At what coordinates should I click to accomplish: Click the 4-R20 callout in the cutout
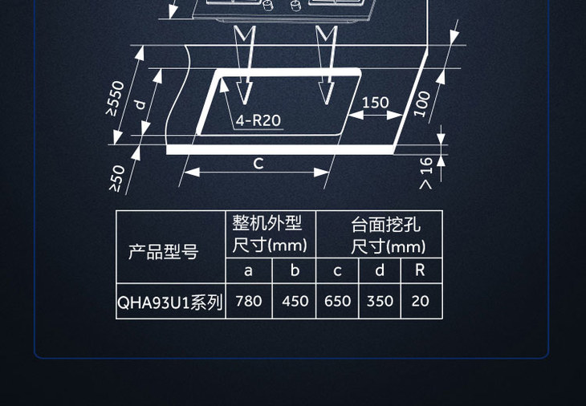(258, 120)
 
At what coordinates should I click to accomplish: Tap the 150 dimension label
(375, 103)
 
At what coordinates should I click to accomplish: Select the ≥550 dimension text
(117, 99)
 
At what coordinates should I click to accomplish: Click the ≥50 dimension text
(117, 178)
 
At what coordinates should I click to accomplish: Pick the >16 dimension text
(425, 173)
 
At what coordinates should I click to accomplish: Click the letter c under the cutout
(258, 163)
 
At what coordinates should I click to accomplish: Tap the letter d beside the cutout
(140, 104)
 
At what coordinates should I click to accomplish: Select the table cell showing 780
(249, 302)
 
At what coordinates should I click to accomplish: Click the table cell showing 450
(295, 302)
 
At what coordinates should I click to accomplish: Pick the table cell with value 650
(338, 302)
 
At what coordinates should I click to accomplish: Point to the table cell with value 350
(380, 302)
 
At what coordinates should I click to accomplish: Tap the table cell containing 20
(420, 302)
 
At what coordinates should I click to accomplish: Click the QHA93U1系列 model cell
(170, 302)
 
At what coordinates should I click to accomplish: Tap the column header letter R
(419, 270)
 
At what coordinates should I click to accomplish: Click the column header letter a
(248, 270)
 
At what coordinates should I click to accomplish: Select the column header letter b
(295, 270)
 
